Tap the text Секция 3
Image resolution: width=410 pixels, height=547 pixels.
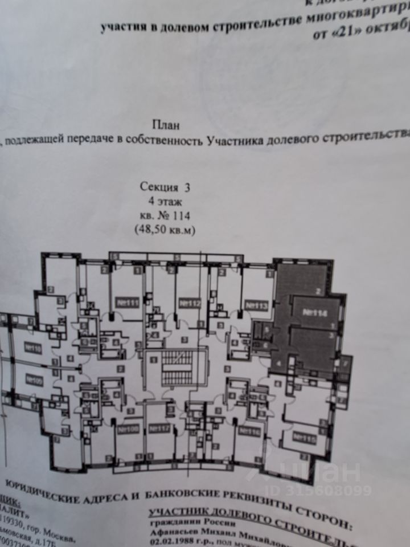(x=165, y=186)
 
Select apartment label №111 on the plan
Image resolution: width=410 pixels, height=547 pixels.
(x=126, y=302)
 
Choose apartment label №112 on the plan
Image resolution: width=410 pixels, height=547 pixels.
(x=190, y=304)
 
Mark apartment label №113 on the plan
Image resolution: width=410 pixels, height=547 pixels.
(x=256, y=306)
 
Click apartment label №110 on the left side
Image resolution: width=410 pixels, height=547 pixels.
(x=33, y=348)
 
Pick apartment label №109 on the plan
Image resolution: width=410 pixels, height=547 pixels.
(x=33, y=380)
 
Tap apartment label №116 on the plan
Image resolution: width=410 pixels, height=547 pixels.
(x=249, y=431)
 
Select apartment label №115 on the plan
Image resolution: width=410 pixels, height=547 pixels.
(x=304, y=437)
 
